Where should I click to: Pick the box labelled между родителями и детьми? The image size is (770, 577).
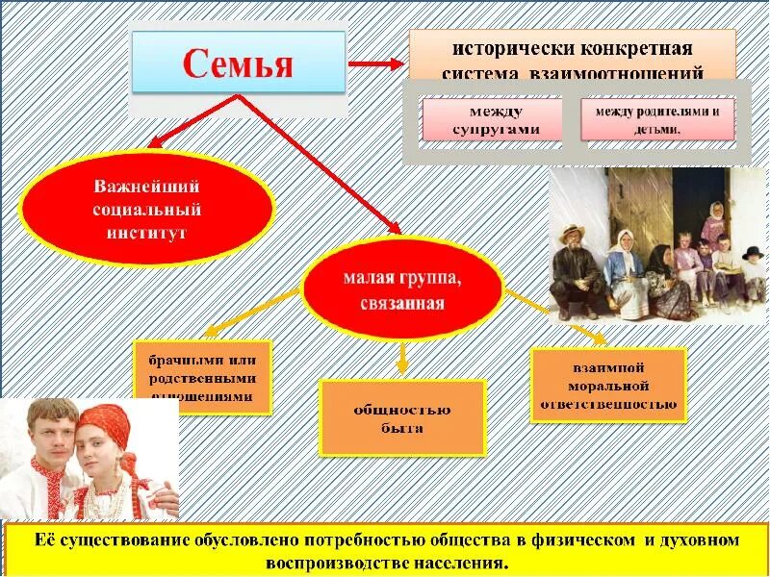(x=657, y=120)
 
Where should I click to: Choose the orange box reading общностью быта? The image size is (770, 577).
(x=402, y=418)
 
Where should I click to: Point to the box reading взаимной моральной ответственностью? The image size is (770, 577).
(x=608, y=385)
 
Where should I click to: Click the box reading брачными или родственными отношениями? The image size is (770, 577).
(x=203, y=377)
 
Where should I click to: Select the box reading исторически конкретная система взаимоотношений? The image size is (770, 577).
(x=573, y=58)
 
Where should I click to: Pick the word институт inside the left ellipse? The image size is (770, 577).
(x=147, y=232)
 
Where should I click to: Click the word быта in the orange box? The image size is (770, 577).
(x=402, y=429)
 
